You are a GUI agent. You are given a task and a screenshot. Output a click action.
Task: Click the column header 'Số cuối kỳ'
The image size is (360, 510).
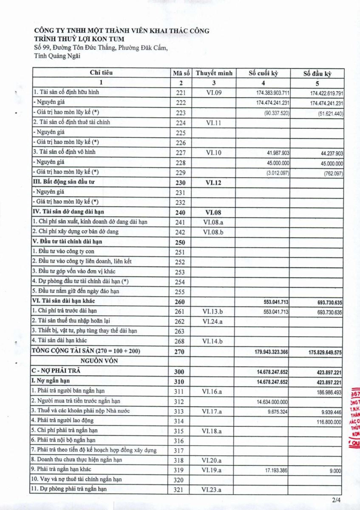[x=263, y=73]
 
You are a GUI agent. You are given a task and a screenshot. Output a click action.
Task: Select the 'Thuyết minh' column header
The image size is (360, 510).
[x=214, y=73]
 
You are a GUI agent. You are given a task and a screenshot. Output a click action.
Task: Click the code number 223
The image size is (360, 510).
[x=181, y=113]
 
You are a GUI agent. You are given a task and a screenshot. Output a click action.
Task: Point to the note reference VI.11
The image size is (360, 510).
[x=214, y=122]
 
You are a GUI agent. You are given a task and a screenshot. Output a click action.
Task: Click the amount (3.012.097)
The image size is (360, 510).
[x=278, y=173]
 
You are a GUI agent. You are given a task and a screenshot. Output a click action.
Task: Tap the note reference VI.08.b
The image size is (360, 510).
[x=214, y=232]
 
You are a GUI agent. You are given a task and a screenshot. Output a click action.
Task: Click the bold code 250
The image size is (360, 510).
[x=181, y=242]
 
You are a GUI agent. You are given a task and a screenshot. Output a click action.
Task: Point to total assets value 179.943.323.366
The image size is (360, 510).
[x=272, y=352]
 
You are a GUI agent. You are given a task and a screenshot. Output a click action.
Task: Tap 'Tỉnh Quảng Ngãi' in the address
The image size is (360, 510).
[x=57, y=56]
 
